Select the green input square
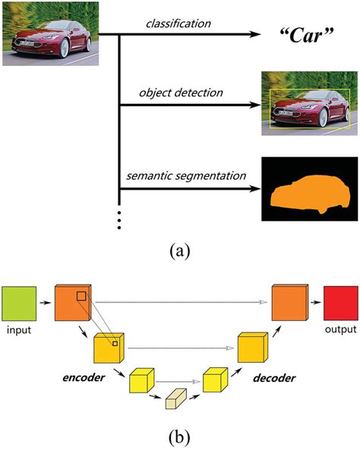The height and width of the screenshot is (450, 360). click(x=19, y=303)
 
